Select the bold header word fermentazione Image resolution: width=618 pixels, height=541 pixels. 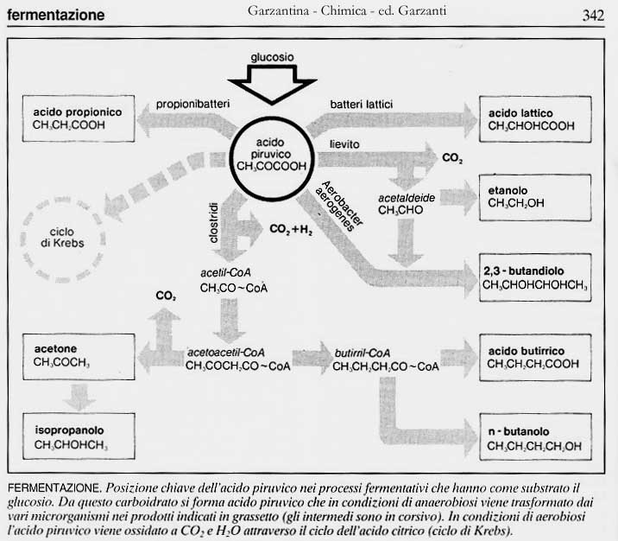tap(56, 15)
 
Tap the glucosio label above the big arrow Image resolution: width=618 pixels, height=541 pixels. tap(272, 56)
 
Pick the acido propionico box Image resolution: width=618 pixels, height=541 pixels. tap(78, 119)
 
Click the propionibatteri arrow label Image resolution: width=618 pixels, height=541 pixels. tap(192, 105)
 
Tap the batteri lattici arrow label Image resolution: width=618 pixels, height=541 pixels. tap(361, 105)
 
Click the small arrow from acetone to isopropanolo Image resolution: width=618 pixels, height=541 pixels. tap(79, 396)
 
